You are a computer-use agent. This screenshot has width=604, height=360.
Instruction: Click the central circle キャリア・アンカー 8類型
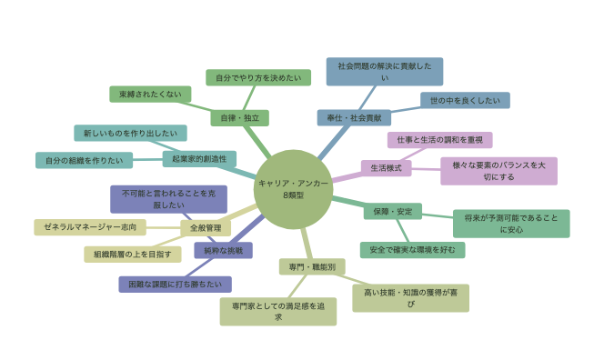(x=293, y=189)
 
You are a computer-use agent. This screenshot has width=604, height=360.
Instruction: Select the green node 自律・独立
(x=239, y=118)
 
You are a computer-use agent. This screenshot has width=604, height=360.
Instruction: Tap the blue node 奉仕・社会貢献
(x=354, y=118)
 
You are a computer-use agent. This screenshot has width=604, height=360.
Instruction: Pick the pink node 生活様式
(x=386, y=168)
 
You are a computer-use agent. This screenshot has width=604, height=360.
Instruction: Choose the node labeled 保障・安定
(x=393, y=212)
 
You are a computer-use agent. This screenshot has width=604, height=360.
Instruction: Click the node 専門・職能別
(x=312, y=266)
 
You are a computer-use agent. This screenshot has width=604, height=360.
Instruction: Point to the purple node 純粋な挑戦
(x=224, y=250)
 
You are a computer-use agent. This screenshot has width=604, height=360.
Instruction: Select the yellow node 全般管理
(x=206, y=228)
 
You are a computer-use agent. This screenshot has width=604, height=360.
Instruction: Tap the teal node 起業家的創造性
(x=199, y=158)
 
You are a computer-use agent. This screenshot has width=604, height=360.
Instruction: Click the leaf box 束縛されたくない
(x=150, y=94)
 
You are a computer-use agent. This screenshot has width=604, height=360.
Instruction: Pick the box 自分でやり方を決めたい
(x=258, y=77)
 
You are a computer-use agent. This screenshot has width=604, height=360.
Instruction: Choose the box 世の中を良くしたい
(x=465, y=100)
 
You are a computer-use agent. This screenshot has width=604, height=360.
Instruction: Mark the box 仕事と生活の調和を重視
(x=440, y=140)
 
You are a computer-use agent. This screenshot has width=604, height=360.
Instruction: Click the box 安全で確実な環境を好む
(x=413, y=250)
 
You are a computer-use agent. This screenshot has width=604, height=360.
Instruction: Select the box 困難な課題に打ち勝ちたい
(x=175, y=285)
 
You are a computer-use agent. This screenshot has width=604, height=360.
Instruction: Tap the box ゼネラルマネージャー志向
(x=90, y=227)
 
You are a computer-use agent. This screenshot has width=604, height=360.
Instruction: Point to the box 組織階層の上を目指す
(x=133, y=255)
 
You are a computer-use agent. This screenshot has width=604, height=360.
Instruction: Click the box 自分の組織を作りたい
(x=84, y=160)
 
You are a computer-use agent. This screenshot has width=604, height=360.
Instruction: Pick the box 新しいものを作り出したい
(x=130, y=133)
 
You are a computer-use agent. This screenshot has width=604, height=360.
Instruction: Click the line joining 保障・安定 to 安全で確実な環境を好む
(x=403, y=231)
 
